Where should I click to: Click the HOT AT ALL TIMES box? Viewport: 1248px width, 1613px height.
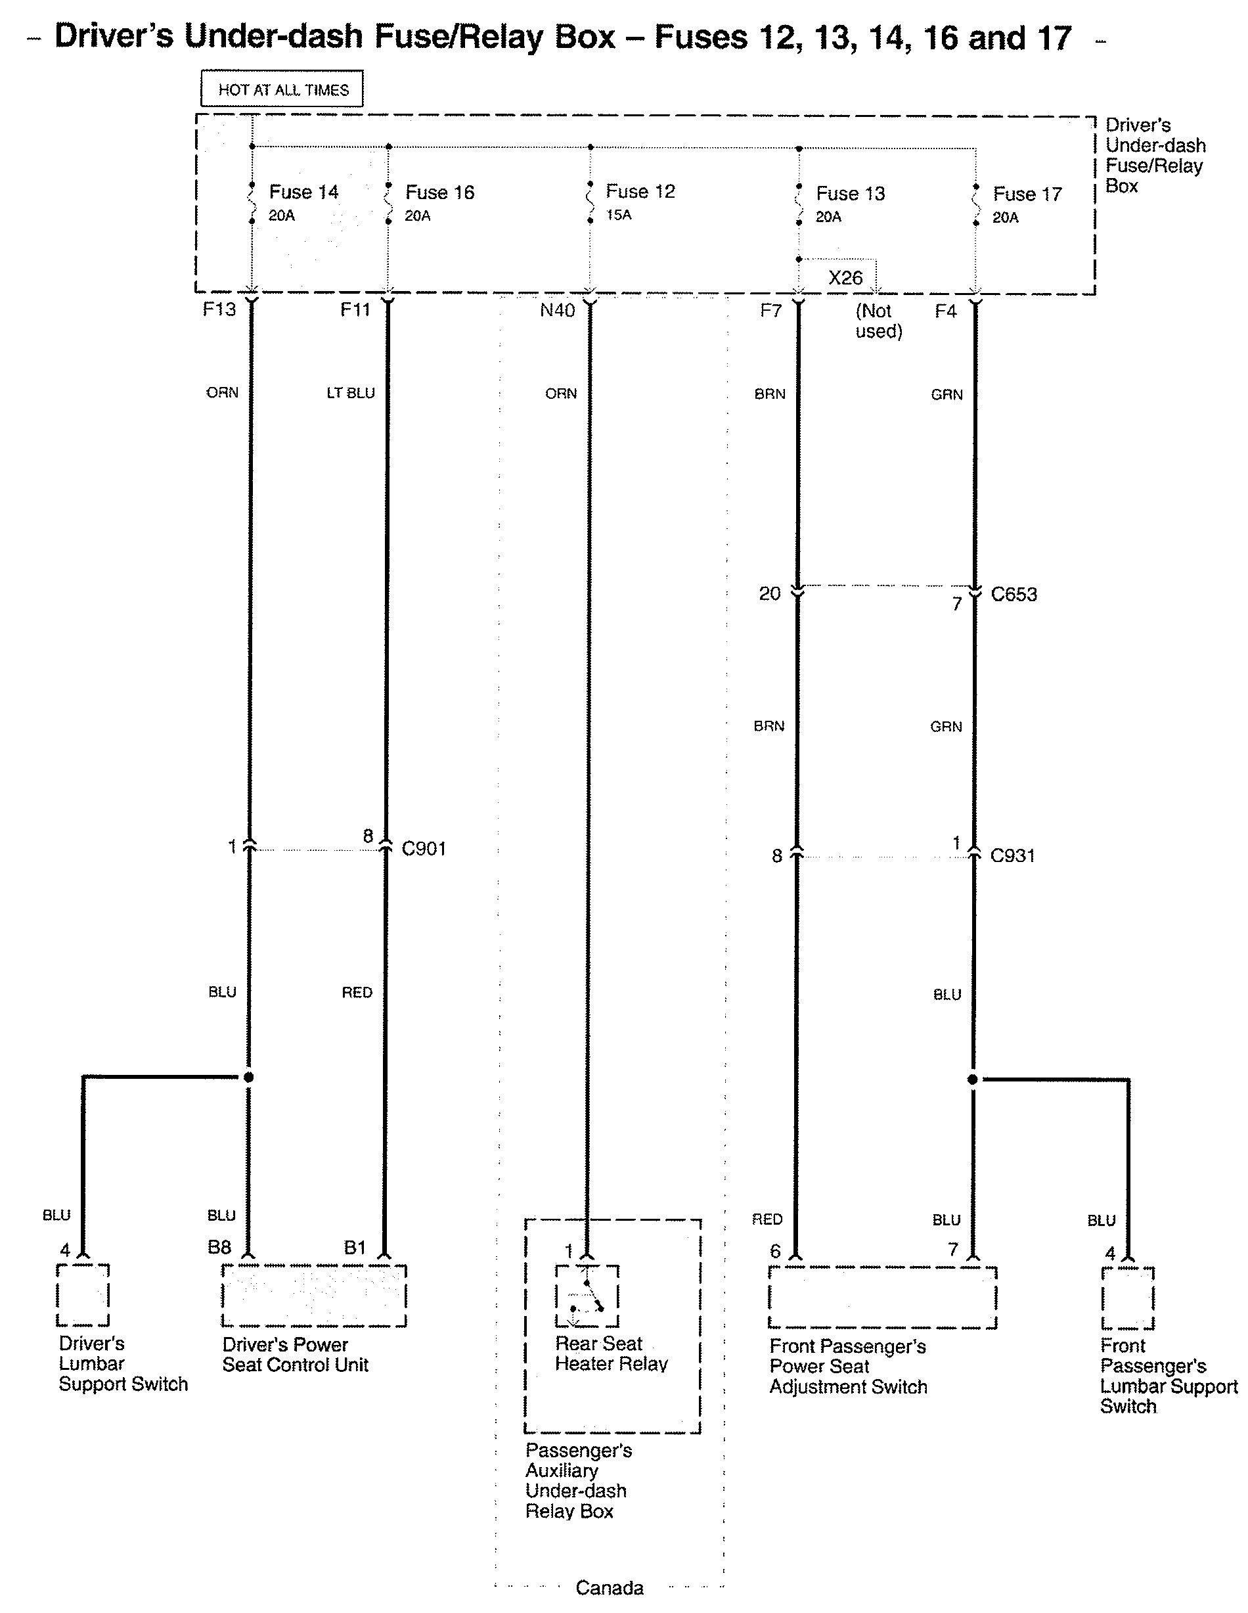[282, 89]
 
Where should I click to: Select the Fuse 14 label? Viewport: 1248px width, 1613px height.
[303, 192]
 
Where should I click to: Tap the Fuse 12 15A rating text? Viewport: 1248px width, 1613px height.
[619, 215]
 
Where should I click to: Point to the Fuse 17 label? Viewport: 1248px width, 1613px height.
[1027, 194]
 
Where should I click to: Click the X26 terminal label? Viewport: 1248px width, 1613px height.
[845, 278]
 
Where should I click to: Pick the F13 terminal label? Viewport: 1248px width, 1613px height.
[219, 309]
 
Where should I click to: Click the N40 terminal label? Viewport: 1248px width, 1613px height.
[557, 310]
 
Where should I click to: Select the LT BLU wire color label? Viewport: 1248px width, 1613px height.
[350, 393]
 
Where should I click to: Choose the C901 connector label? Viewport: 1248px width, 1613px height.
[423, 849]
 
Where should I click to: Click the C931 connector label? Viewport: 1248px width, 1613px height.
[1012, 856]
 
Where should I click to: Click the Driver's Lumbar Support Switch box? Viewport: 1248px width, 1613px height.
[83, 1296]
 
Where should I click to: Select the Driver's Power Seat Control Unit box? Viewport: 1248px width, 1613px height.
[314, 1296]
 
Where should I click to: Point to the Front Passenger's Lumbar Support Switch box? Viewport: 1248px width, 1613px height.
[1128, 1298]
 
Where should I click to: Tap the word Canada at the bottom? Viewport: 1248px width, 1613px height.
[610, 1587]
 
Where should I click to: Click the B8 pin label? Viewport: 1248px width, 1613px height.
[219, 1248]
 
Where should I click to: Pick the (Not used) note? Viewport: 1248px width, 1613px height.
[878, 321]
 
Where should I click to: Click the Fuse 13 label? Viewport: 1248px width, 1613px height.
[850, 194]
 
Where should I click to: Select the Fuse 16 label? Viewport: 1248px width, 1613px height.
[439, 193]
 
